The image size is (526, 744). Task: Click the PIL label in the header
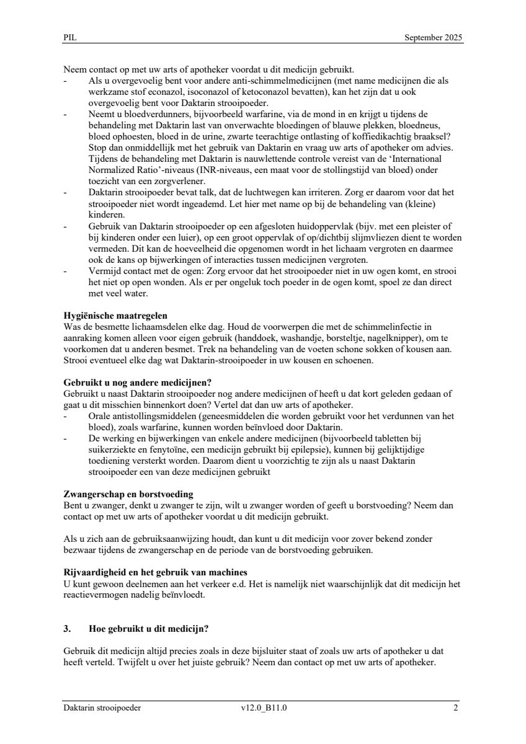tap(69, 38)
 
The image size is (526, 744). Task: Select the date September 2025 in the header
tap(433, 38)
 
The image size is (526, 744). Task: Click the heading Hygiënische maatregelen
tap(115, 316)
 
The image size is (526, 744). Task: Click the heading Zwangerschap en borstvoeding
tap(128, 494)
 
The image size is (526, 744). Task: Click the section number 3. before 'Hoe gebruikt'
tap(68, 629)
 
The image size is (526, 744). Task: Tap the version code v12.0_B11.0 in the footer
tap(264, 708)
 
